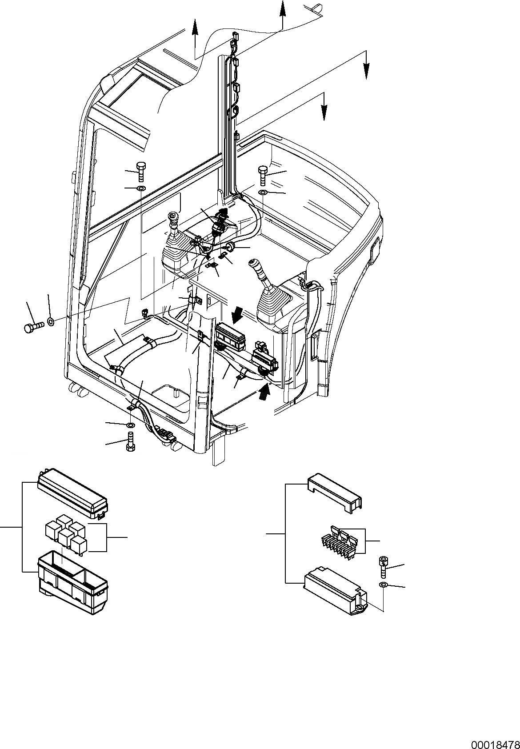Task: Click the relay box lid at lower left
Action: [73, 493]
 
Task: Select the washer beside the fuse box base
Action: [383, 585]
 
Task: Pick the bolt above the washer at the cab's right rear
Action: [262, 175]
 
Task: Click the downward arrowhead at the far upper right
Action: [366, 71]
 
